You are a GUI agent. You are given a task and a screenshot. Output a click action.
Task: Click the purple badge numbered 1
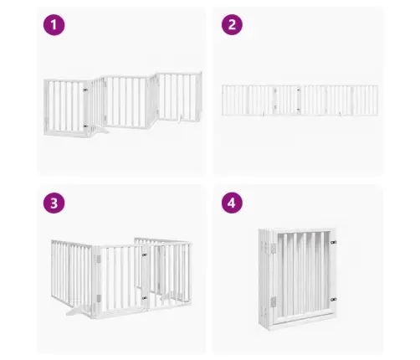tap(54, 25)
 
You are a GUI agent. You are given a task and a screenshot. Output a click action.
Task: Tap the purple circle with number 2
tap(232, 24)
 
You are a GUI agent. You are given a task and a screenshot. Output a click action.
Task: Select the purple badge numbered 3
tap(54, 203)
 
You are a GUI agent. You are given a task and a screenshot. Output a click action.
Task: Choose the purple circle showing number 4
tap(232, 203)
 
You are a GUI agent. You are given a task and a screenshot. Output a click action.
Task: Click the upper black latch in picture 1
tap(85, 90)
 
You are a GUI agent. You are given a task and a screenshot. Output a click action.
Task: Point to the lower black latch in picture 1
tap(85, 126)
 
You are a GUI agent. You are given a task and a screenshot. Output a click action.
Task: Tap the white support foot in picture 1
tap(100, 131)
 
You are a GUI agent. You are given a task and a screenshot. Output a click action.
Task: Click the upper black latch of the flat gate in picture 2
tap(299, 90)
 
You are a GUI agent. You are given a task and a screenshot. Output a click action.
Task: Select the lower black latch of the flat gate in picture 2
tap(299, 110)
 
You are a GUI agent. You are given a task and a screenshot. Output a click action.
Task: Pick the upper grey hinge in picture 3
tap(99, 259)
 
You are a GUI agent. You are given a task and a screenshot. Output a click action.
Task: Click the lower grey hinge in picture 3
tap(99, 298)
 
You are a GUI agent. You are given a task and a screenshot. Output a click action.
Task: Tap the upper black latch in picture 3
tap(144, 255)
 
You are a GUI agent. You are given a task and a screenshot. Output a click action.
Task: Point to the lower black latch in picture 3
tap(145, 298)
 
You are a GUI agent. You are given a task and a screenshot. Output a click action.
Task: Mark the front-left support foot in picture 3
tap(77, 310)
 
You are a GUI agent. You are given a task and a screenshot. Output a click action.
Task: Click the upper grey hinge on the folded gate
tap(274, 249)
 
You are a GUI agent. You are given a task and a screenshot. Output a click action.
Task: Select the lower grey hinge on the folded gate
tap(274, 302)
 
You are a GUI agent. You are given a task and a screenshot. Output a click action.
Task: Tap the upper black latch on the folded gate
tap(333, 242)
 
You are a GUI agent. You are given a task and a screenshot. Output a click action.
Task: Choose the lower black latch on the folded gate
tap(333, 300)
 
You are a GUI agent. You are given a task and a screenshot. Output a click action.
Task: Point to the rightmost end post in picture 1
tap(199, 96)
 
